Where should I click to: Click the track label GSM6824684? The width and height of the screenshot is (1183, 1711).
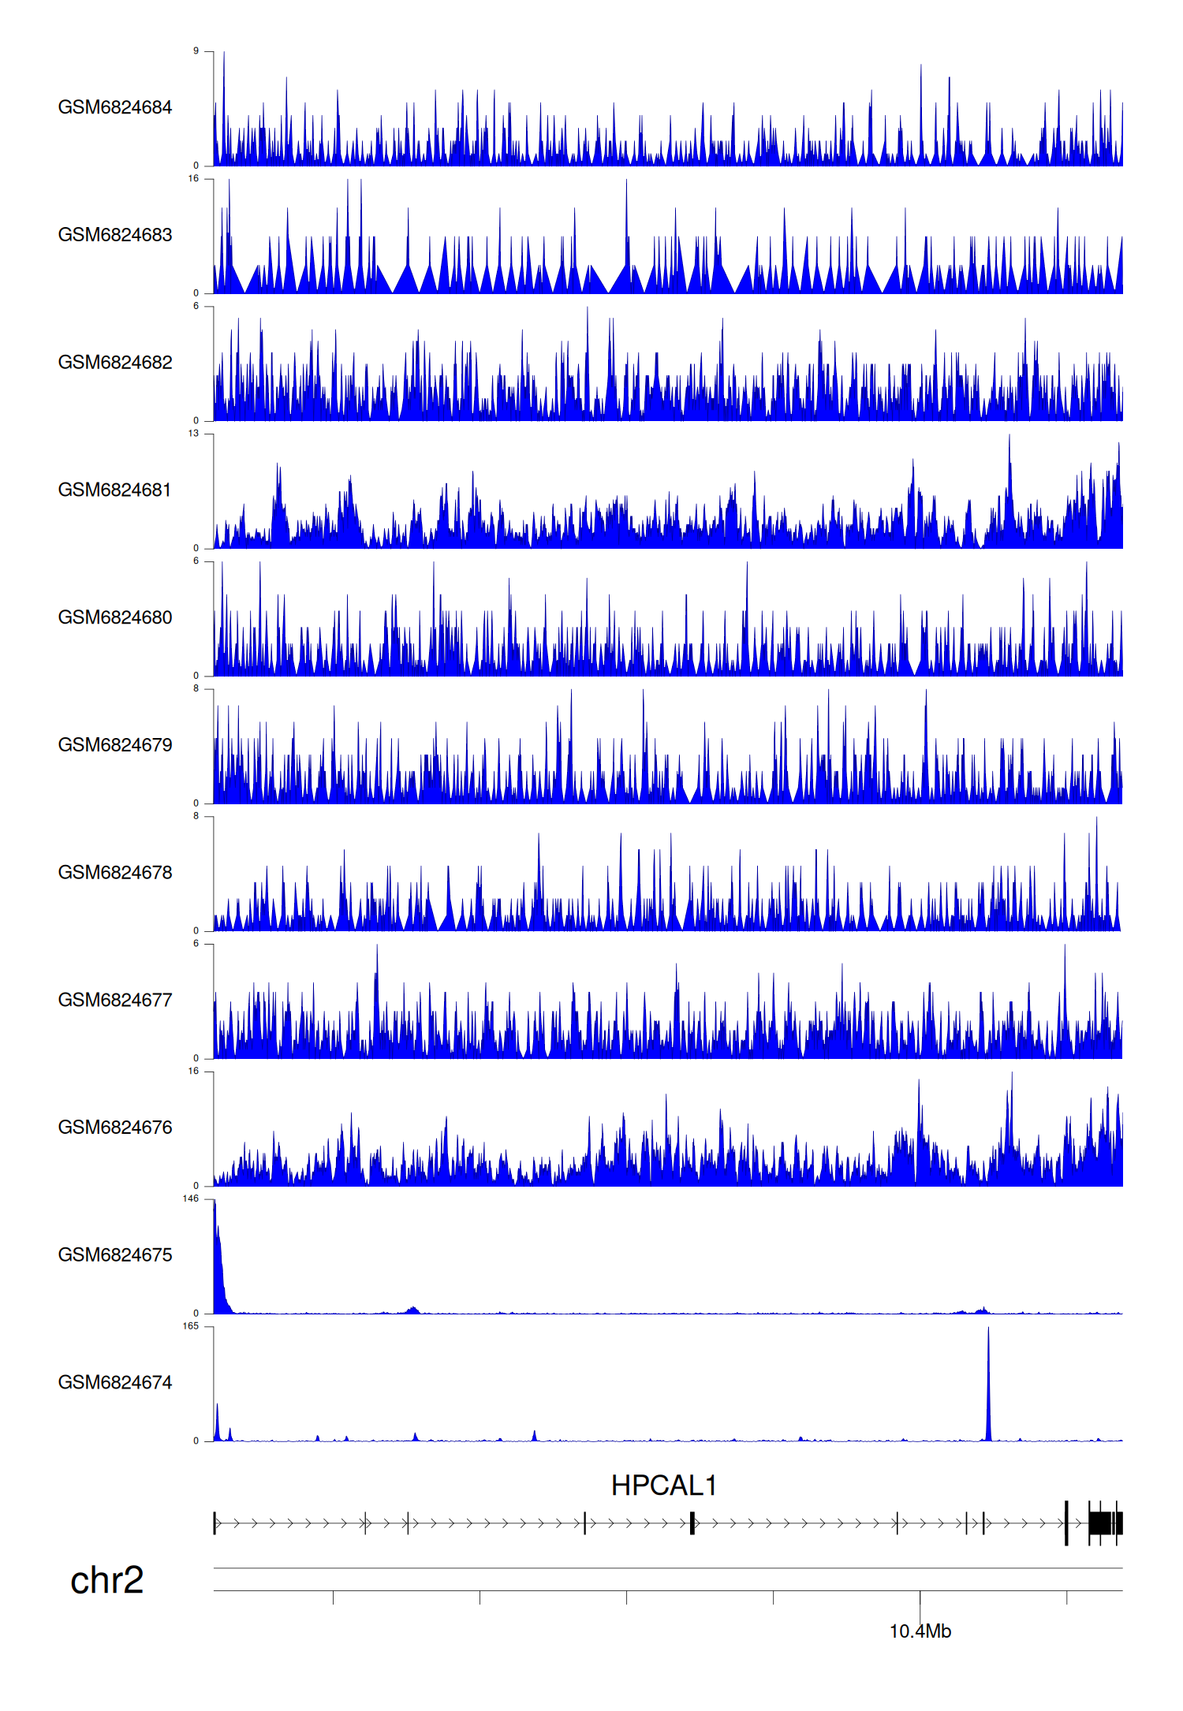click(115, 107)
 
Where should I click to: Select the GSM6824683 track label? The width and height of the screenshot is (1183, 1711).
click(115, 235)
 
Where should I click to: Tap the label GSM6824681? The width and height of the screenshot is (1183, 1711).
click(115, 490)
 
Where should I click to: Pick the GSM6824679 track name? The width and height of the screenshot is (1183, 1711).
click(115, 745)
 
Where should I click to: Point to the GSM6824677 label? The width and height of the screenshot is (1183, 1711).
click(115, 1000)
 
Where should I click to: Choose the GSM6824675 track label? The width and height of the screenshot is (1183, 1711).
click(115, 1255)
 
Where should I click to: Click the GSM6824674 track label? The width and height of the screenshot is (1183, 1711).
click(115, 1382)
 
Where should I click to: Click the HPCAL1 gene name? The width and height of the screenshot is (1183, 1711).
click(664, 1485)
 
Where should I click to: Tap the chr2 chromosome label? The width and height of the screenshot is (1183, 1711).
click(107, 1580)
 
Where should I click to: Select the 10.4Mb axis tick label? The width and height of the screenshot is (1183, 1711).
click(920, 1631)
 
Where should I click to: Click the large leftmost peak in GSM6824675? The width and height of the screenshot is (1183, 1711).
click(215, 1230)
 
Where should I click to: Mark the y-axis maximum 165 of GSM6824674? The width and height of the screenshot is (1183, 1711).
click(191, 1326)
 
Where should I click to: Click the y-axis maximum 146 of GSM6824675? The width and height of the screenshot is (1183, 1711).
click(191, 1198)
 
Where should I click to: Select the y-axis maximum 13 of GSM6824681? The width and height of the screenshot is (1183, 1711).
click(193, 434)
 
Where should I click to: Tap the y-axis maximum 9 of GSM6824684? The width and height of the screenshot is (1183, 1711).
click(196, 51)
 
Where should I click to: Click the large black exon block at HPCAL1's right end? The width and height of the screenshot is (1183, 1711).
click(1104, 1523)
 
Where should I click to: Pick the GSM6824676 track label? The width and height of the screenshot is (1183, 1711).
click(115, 1128)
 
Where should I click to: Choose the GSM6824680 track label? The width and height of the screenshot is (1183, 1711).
click(115, 617)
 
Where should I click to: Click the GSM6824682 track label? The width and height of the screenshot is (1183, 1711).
click(115, 363)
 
